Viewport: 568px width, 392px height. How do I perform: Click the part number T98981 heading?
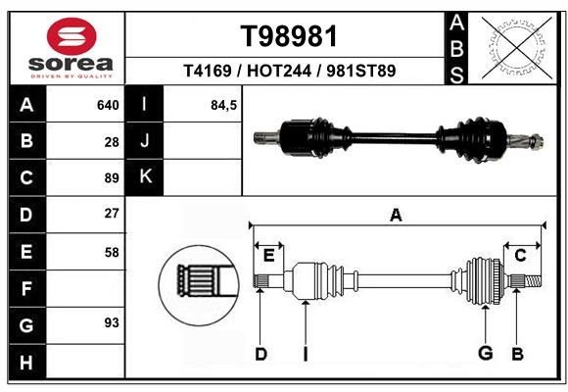point(289,36)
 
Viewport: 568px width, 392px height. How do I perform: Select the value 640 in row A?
point(107,105)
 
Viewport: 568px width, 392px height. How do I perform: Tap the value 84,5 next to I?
point(223,105)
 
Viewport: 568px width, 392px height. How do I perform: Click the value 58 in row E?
point(111,252)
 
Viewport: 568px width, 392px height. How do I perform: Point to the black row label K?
point(144,177)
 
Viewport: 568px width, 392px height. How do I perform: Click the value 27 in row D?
point(111,214)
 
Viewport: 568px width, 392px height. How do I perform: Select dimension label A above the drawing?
point(396,215)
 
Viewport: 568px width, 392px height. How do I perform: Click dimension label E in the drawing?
point(268,256)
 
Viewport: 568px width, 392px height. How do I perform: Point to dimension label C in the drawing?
point(520,256)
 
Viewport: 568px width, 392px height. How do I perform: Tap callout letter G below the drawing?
point(484,354)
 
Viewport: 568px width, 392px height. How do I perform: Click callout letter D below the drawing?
point(260,354)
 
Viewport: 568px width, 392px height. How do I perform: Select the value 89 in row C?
point(111,178)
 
